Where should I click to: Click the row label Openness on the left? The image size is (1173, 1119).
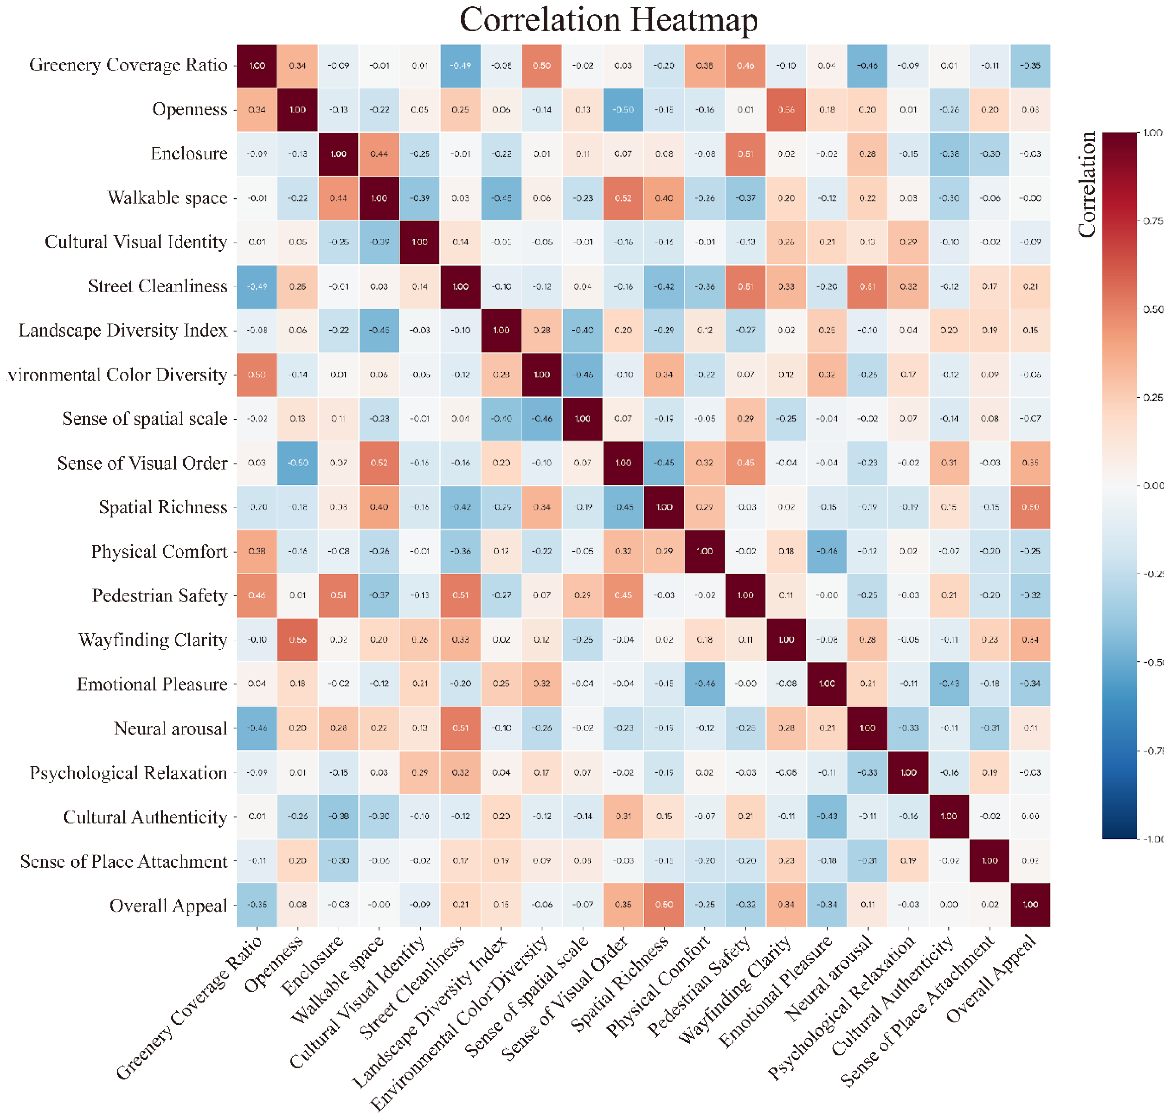point(190,109)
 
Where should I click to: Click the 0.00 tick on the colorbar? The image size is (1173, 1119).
point(1153,486)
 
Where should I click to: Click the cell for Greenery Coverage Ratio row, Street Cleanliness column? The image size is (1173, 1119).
point(460,66)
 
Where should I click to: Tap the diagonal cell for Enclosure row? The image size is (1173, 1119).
point(338,154)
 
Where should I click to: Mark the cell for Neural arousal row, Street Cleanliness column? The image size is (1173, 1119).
point(460,728)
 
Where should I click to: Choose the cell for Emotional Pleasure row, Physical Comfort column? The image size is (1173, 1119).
point(705,683)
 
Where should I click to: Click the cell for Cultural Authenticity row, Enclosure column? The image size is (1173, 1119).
point(338,816)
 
